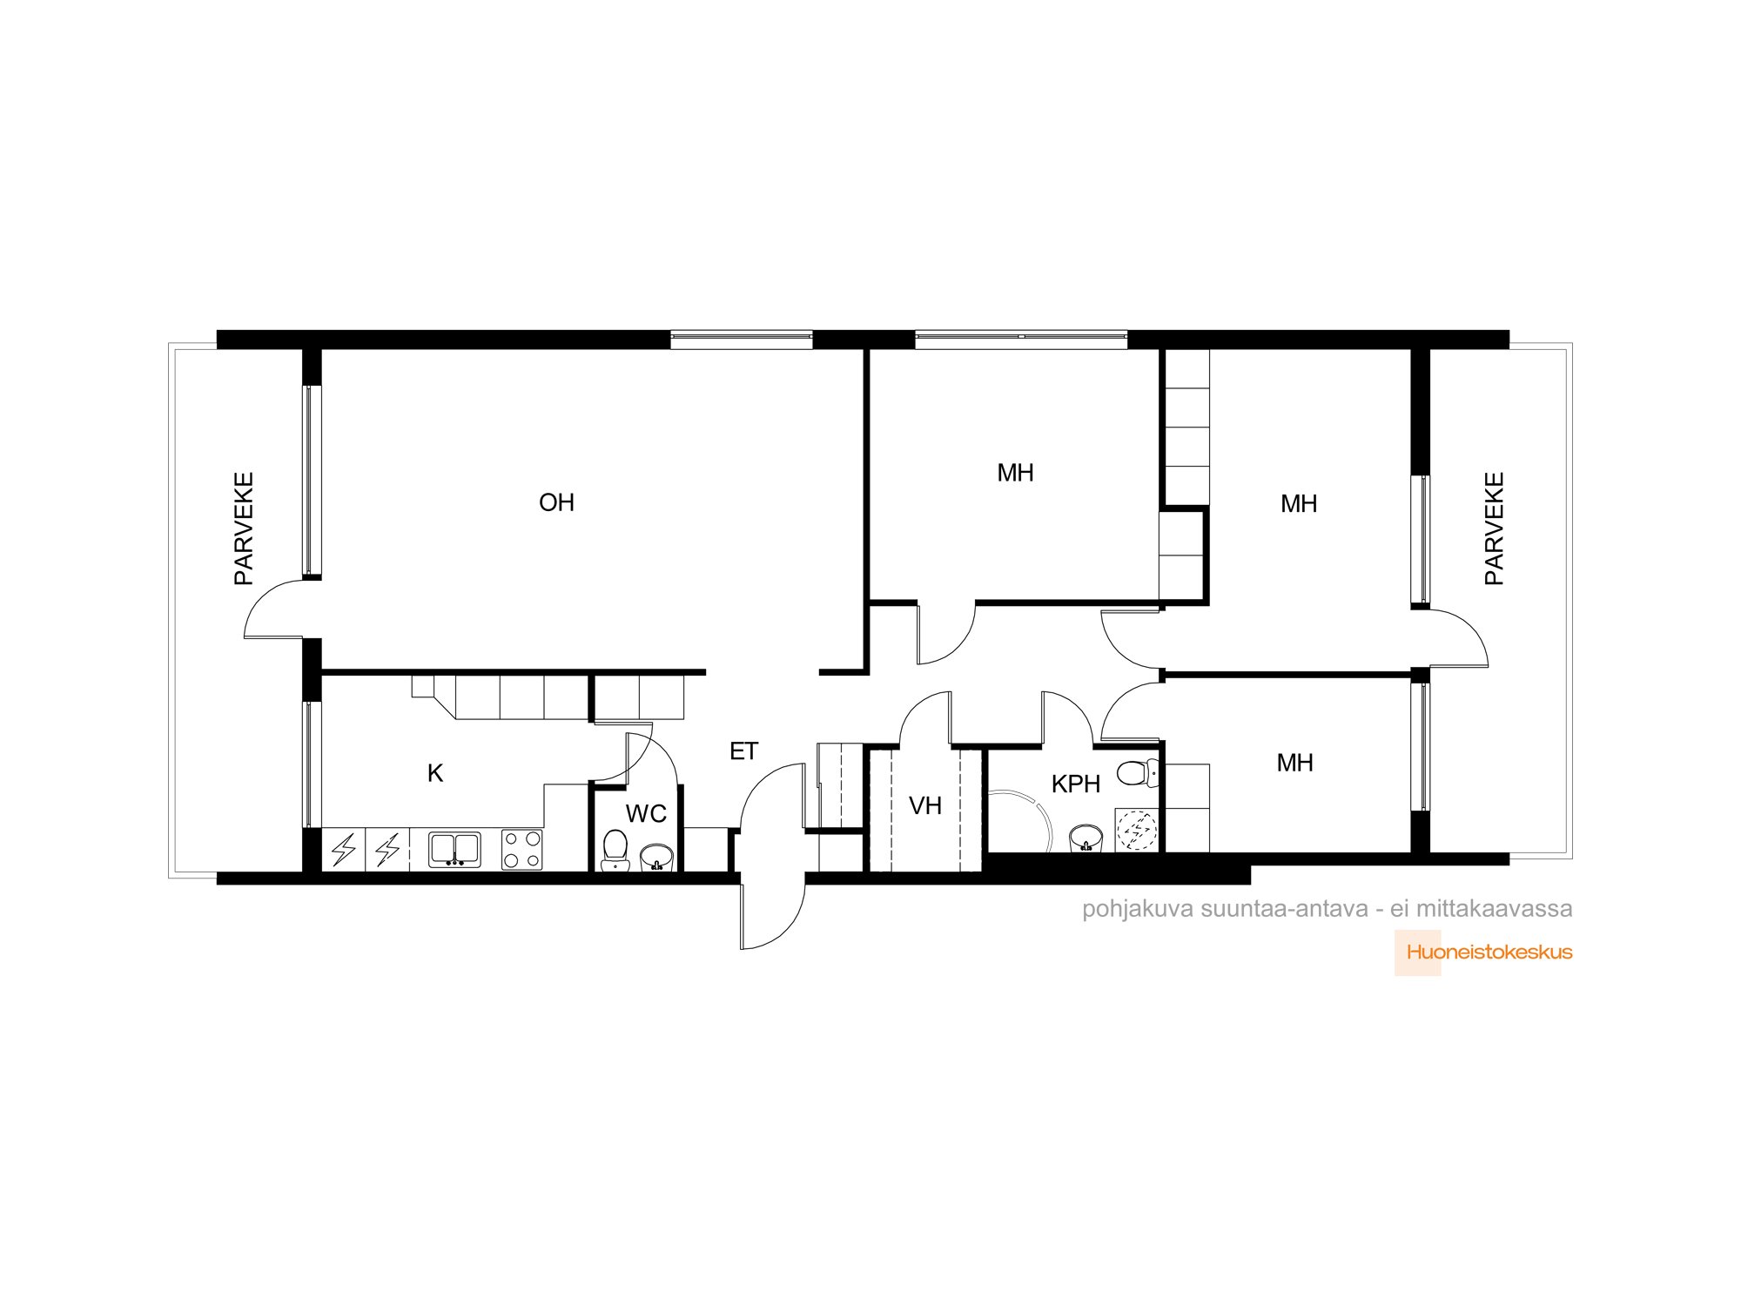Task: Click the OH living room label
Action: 556,502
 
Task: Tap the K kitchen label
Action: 435,773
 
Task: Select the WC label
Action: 646,814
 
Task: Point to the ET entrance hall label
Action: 743,751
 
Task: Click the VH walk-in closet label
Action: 925,806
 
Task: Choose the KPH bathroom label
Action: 1076,784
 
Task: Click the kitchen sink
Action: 454,850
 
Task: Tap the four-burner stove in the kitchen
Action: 521,850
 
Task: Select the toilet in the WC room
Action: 615,851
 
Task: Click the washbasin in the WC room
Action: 656,858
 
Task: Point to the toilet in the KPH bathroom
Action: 1139,773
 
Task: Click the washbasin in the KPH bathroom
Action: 1086,838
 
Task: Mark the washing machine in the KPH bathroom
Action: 1137,831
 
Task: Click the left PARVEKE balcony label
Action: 244,528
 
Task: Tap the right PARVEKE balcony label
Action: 1494,528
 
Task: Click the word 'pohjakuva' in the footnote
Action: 1138,910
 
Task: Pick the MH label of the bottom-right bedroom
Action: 1294,764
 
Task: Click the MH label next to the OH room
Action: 1015,474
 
